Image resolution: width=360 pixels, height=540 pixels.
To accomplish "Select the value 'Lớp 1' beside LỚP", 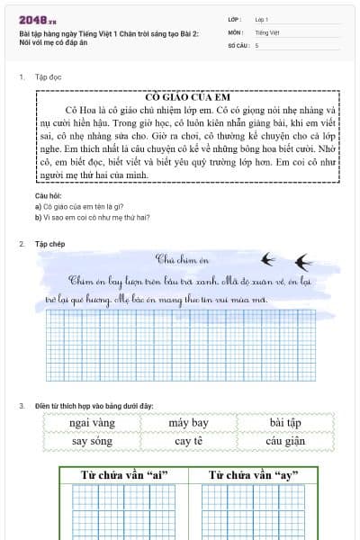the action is [x=262, y=18].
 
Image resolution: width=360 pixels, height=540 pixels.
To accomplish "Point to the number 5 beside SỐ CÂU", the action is [x=256, y=44].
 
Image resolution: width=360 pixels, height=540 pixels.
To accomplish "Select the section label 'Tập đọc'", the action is [x=48, y=77].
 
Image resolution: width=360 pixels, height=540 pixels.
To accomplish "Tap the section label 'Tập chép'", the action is [x=49, y=244].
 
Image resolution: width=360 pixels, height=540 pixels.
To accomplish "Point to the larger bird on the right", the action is [x=303, y=263].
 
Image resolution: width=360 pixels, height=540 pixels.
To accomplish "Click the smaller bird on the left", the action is [x=267, y=259].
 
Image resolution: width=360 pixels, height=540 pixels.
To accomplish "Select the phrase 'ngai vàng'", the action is [x=92, y=423].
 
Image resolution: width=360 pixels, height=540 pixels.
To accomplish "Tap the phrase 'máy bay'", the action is [x=188, y=423].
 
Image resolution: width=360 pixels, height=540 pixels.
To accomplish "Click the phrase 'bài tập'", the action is [x=285, y=423].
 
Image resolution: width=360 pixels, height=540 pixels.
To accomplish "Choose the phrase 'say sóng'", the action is [x=92, y=441].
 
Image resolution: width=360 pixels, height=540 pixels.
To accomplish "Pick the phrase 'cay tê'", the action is [x=188, y=441].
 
